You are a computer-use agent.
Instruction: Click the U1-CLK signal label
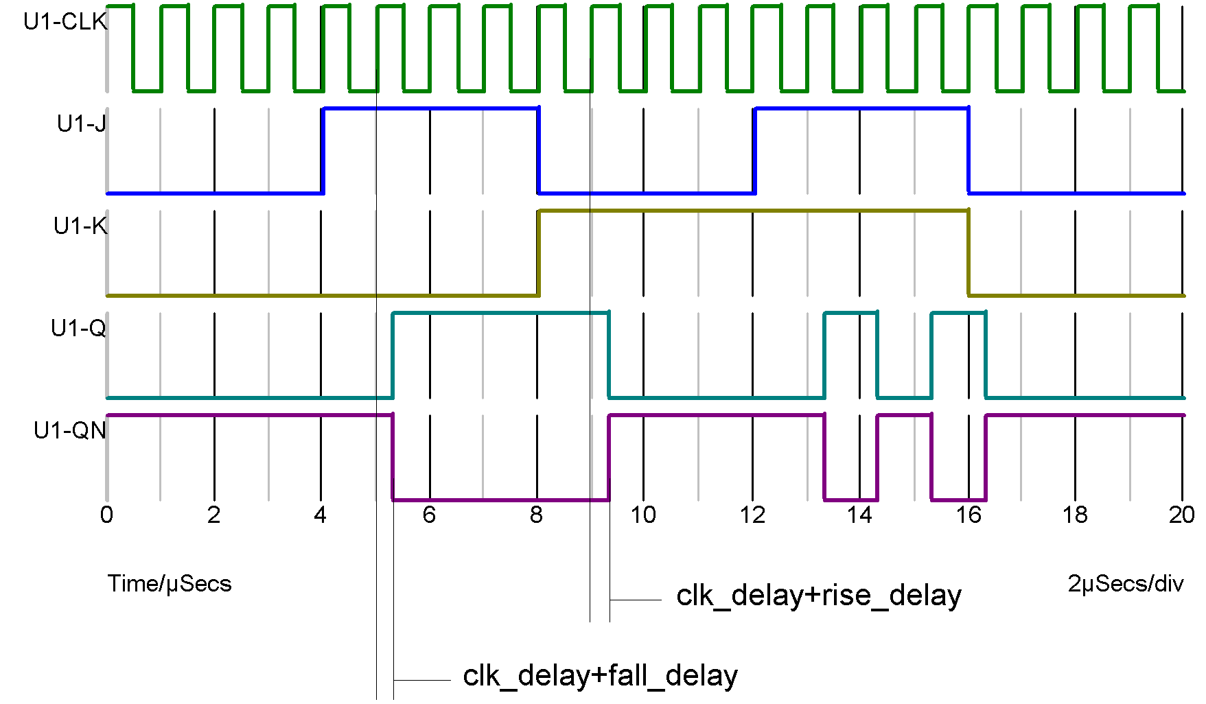tap(65, 22)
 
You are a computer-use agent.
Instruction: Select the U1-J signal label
tap(81, 124)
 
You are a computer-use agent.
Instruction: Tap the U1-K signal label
tap(80, 226)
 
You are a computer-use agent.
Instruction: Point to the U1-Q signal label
tap(78, 329)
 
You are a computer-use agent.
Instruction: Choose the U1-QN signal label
tap(70, 431)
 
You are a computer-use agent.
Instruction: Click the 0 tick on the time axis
tap(106, 515)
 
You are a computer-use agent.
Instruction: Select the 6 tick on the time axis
tap(429, 515)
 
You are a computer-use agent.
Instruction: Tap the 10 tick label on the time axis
tap(643, 515)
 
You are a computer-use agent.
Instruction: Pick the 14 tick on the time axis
tap(859, 515)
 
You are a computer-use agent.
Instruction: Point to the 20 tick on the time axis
tap(1181, 515)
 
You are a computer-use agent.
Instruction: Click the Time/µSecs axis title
tap(170, 584)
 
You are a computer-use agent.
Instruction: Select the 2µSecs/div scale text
tap(1126, 584)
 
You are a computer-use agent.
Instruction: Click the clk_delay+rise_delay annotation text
tap(818, 596)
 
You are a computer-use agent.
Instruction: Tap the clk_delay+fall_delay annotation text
tap(600, 676)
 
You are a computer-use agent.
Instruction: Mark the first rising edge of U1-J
tap(323, 151)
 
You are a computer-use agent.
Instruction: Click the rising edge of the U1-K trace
tap(539, 253)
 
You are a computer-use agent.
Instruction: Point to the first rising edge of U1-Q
tap(393, 355)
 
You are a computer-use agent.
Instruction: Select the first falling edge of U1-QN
tap(393, 458)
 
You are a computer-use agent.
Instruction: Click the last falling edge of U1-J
tap(969, 151)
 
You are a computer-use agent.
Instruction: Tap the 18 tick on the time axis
tap(1075, 515)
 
